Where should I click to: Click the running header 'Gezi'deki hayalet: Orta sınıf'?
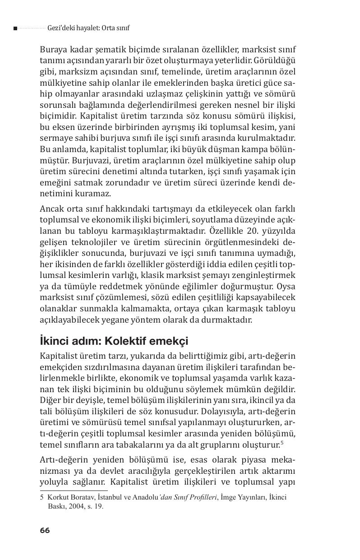pyautogui.click(x=88, y=28)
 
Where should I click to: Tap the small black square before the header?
pyautogui.click(x=15, y=28)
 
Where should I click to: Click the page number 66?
pyautogui.click(x=45, y=530)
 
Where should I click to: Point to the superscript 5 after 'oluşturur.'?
pyautogui.click(x=282, y=443)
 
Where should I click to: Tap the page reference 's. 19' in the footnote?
pyautogui.click(x=96, y=506)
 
